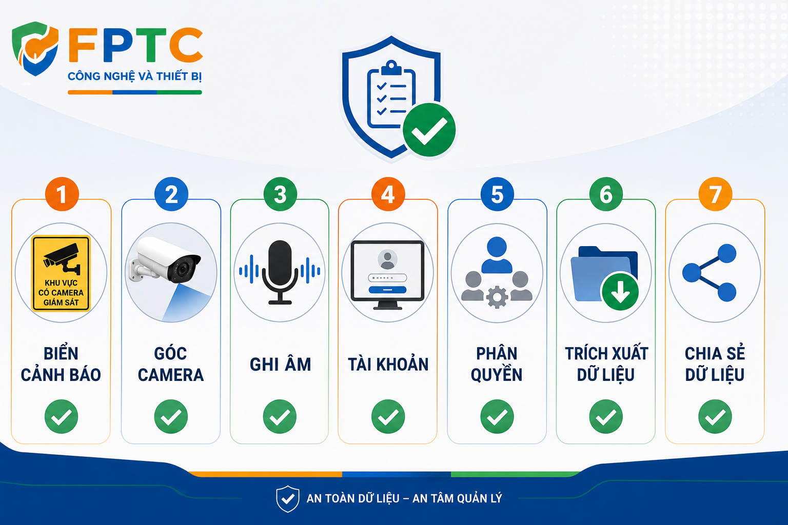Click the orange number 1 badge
point(62,194)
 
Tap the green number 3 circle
point(280,194)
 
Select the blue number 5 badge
point(497,194)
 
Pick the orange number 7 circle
point(715,194)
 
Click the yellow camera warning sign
point(61,273)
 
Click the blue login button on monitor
point(387,290)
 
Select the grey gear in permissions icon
point(497,297)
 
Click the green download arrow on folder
point(620,292)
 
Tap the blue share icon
point(710,273)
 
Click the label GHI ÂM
point(281,365)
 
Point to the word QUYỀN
point(497,374)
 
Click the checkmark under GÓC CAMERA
point(171,417)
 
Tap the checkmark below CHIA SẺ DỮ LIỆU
point(715,417)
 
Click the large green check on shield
point(429,130)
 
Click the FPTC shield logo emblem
point(35,49)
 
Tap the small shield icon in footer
point(288,499)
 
